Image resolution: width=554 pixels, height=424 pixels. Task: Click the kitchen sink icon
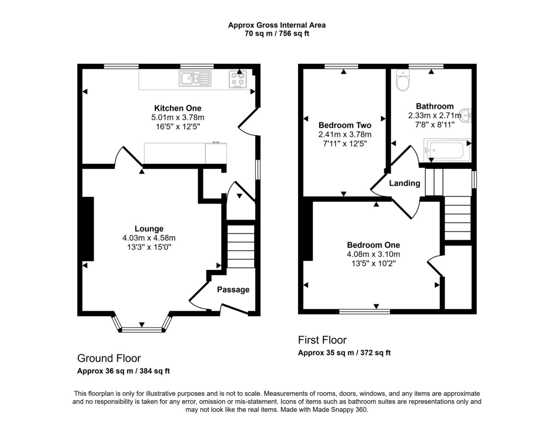pos(195,79)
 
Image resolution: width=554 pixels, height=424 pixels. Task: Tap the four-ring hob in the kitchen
pos(237,79)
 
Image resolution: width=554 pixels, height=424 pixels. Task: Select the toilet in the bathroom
pos(403,81)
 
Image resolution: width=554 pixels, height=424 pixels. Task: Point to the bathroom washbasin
pos(465,115)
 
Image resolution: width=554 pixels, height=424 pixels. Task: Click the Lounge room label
pos(149,229)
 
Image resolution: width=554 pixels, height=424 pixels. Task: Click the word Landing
pos(405,183)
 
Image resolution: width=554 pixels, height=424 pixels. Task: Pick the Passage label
pos(233,289)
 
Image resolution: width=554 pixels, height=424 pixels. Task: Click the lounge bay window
pos(142,328)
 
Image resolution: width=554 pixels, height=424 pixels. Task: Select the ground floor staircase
pos(240,247)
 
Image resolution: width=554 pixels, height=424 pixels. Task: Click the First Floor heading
pos(322,340)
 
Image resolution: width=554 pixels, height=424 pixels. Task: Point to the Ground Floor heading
pos(109,358)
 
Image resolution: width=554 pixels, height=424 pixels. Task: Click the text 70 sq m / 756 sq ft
pos(276,34)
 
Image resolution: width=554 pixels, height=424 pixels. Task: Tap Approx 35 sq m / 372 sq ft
pos(344,353)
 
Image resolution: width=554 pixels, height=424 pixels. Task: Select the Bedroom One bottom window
pos(364,312)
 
